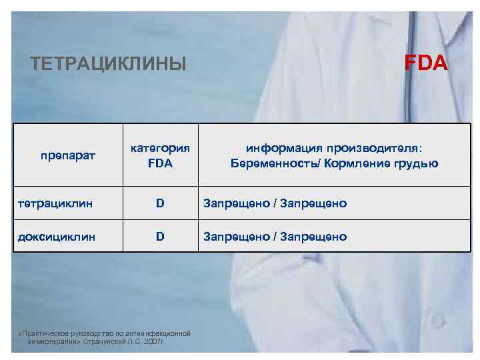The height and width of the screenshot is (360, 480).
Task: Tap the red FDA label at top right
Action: click(427, 63)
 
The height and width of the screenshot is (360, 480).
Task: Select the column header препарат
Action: click(67, 156)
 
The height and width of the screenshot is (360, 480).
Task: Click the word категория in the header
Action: click(160, 148)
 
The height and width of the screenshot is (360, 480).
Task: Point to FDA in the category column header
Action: click(160, 163)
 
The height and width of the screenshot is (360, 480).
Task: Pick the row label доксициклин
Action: click(55, 237)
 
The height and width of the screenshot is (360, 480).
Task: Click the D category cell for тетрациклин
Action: click(160, 203)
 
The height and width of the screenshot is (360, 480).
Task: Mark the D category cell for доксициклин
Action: click(160, 237)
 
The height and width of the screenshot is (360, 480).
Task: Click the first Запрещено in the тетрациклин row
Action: click(236, 203)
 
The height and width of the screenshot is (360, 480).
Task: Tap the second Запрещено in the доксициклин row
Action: click(313, 237)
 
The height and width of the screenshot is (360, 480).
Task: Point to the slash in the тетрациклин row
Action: click(275, 203)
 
